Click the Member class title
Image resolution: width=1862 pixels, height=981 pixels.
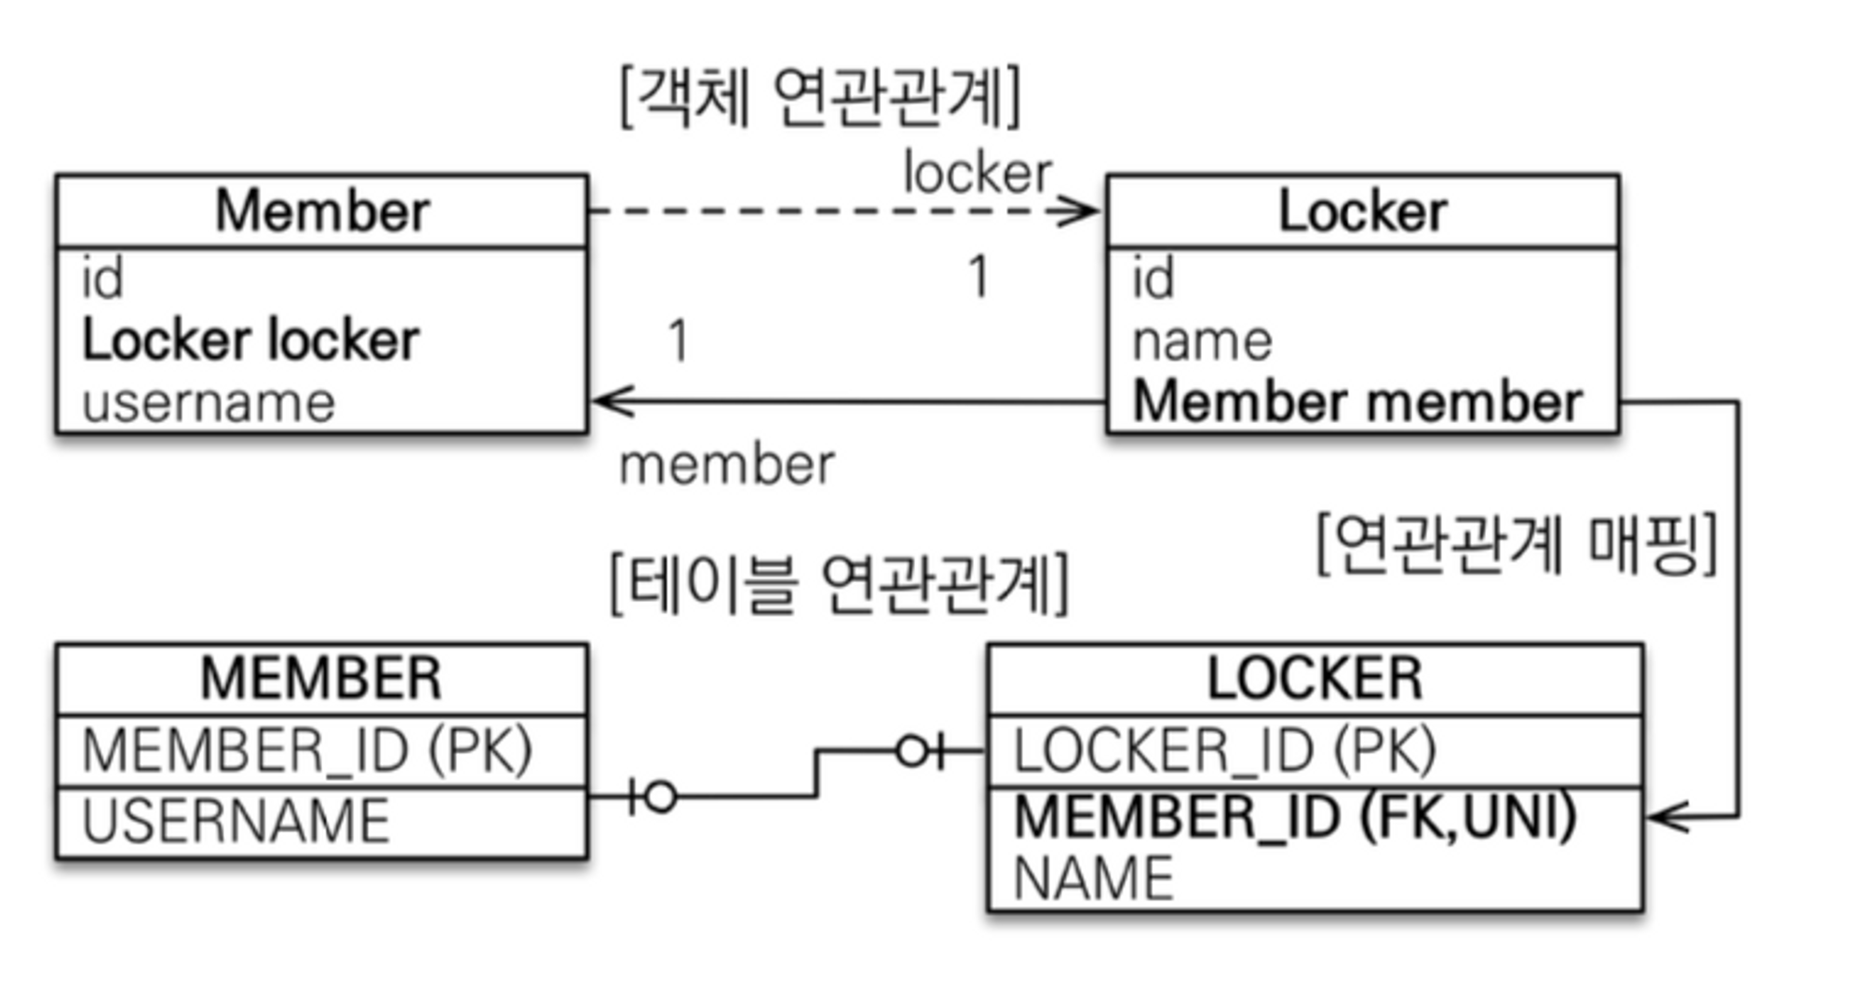322,211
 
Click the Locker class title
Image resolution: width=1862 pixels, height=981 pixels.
1362,211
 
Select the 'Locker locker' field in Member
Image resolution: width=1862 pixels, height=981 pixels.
250,340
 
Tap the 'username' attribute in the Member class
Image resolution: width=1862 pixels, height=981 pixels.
209,402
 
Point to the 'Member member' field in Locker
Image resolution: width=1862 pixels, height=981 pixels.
1357,402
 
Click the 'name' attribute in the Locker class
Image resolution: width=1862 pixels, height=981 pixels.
1202,341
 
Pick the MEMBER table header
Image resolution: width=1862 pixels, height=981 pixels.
321,678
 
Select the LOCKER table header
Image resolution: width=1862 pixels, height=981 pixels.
1315,678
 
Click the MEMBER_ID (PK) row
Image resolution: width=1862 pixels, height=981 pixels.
307,751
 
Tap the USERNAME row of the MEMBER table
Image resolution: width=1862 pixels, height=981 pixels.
236,822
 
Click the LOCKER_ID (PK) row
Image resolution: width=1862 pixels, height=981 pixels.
1224,751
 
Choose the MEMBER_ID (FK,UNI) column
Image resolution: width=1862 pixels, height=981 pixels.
1294,816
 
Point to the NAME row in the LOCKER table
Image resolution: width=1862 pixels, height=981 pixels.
1093,879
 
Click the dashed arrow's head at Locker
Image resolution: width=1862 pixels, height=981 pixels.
1080,211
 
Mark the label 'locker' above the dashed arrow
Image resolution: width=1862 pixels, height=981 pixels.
978,173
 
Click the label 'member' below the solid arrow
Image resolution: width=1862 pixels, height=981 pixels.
727,465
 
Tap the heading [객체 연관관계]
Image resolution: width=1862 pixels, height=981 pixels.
820,97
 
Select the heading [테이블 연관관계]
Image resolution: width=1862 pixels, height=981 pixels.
839,584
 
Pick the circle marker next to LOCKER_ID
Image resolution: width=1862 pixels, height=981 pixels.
912,751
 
